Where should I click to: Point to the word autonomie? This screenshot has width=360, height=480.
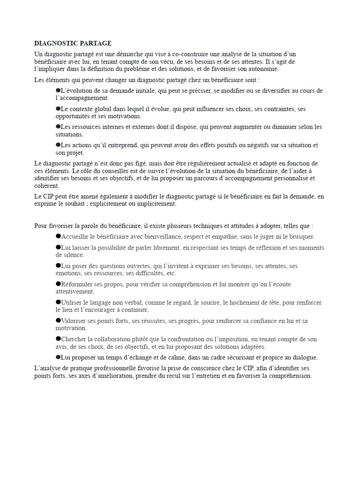coord(264,69)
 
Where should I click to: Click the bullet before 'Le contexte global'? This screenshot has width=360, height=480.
coord(58,108)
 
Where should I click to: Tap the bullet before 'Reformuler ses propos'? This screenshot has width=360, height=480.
coord(58,284)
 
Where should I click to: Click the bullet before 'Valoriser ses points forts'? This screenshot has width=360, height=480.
coord(58,320)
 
